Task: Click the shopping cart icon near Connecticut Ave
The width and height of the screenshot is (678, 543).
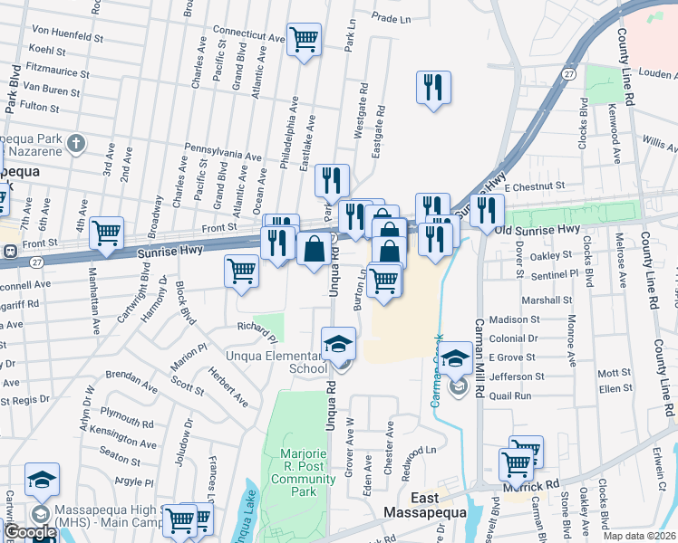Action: [x=304, y=38]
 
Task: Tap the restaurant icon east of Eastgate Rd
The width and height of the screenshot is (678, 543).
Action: [x=433, y=87]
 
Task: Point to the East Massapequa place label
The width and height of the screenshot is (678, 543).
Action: [x=437, y=506]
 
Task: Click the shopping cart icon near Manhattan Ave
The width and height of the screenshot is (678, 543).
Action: [x=107, y=232]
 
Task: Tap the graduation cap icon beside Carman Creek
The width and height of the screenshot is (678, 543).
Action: [x=456, y=357]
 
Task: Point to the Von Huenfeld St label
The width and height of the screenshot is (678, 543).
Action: [x=66, y=38]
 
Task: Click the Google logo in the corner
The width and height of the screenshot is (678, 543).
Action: [x=30, y=533]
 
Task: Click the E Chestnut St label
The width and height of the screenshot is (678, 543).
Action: [x=536, y=186]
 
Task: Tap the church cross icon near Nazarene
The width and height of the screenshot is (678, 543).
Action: [x=77, y=143]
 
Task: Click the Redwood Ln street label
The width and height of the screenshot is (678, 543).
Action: [x=418, y=450]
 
